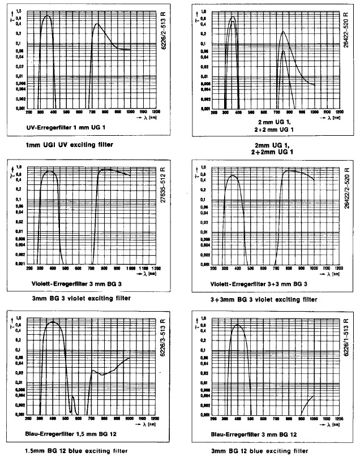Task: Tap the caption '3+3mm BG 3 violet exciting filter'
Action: [264, 299]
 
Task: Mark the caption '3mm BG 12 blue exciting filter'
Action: [259, 451]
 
